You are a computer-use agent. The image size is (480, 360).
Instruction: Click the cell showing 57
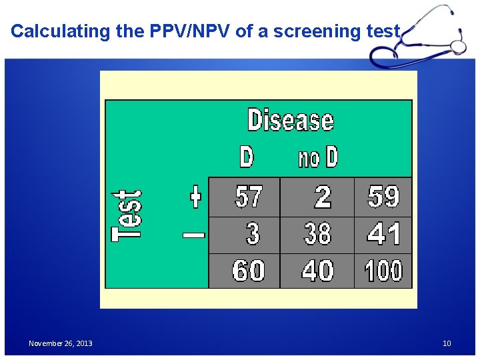click(249, 197)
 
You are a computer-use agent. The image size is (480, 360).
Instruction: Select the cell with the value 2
click(322, 197)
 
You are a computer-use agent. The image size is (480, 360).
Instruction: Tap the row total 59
click(383, 197)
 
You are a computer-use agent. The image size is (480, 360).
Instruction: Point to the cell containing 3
click(252, 234)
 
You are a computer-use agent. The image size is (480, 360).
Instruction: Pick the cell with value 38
click(317, 234)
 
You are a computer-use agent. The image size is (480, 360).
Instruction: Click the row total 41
click(383, 234)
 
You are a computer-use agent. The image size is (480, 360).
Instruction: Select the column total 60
click(248, 271)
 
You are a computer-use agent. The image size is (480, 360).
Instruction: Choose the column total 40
click(317, 271)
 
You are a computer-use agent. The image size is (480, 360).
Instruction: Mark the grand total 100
click(383, 271)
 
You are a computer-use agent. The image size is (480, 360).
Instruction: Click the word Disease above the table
click(290, 121)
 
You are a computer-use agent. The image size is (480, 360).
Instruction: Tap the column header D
click(246, 157)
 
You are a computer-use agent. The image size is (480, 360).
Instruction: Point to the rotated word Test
click(127, 215)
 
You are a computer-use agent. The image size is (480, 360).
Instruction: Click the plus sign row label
click(195, 197)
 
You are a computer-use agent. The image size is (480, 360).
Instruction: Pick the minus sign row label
click(194, 235)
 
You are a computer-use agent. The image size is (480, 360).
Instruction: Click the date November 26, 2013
click(61, 343)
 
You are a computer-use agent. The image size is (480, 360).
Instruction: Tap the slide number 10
click(447, 343)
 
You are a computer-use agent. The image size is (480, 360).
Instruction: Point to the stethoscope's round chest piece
click(458, 46)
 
